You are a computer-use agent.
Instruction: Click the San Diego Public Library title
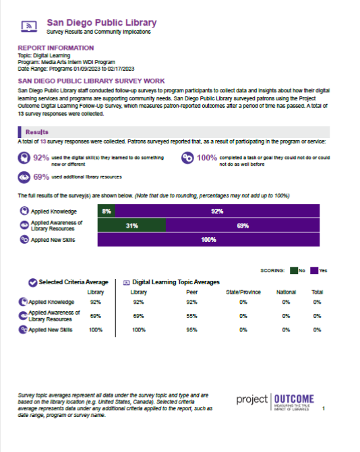pyautogui.click(x=102, y=22)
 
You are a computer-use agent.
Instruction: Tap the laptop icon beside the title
pyautogui.click(x=29, y=26)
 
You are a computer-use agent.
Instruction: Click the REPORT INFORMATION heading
pyautogui.click(x=56, y=48)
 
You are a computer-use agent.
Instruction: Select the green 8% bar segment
pyautogui.click(x=106, y=211)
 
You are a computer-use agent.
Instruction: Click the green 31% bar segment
pyautogui.click(x=131, y=226)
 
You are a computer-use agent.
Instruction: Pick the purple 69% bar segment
pyautogui.click(x=243, y=226)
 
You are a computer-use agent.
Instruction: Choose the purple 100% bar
pyautogui.click(x=208, y=240)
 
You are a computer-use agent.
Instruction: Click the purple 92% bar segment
pyautogui.click(x=217, y=211)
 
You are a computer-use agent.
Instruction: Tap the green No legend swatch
pyautogui.click(x=294, y=271)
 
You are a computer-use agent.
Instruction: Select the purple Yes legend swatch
pyautogui.click(x=314, y=271)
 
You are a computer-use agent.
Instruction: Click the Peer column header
pyautogui.click(x=192, y=292)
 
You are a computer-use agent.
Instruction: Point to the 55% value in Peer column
pyautogui.click(x=192, y=316)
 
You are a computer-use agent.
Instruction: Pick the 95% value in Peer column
pyautogui.click(x=192, y=330)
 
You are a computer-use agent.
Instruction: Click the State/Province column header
pyautogui.click(x=243, y=292)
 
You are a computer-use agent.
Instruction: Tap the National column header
pyautogui.click(x=286, y=292)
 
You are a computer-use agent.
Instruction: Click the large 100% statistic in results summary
pyautogui.click(x=207, y=158)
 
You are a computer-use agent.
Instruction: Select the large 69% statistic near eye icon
pyautogui.click(x=41, y=176)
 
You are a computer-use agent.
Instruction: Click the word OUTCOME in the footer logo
pyautogui.click(x=294, y=399)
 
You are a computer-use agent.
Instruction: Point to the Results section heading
pyautogui.click(x=37, y=132)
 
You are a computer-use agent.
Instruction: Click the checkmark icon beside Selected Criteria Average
pyautogui.click(x=32, y=282)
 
